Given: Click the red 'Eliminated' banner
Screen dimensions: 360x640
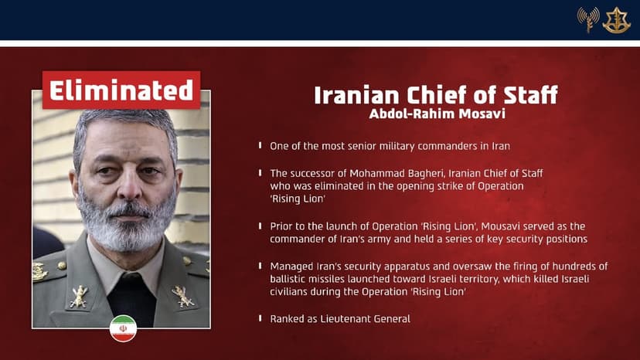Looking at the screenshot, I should click(121, 90).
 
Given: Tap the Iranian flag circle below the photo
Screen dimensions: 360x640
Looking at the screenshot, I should click(123, 328).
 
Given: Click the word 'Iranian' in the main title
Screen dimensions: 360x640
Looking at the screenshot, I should click(355, 96).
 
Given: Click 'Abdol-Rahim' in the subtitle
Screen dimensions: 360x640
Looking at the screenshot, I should click(409, 114).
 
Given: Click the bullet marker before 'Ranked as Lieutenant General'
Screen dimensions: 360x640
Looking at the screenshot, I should click(260, 318).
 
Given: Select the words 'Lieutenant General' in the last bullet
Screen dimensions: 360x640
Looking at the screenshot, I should click(366, 318).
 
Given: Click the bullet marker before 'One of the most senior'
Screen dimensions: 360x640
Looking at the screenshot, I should click(260, 145).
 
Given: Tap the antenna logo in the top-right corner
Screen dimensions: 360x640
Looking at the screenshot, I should click(588, 19).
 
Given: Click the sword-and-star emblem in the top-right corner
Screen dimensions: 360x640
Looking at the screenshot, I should click(616, 20).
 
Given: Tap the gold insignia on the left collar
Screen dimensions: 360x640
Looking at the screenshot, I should click(78, 296).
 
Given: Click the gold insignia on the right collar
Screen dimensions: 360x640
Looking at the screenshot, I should click(182, 296).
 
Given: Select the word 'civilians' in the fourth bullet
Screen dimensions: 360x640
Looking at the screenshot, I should click(290, 292).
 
